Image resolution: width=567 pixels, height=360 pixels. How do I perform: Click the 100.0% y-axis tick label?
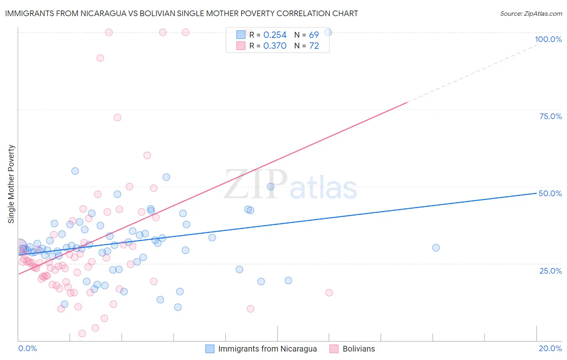pos(548,39)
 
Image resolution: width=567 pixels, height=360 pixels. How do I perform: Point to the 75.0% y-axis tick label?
pos(550,116)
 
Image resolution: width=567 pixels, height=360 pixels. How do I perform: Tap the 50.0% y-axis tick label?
pos(550,193)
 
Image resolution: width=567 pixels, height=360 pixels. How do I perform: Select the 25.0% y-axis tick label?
pos(550,271)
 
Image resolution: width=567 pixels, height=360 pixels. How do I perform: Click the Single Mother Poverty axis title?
pos(11,184)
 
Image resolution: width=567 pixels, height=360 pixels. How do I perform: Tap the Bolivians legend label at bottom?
pos(359,349)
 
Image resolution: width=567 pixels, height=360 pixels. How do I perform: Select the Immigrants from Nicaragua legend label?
pos(267,349)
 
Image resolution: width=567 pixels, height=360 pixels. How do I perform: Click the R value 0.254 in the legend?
pos(275,35)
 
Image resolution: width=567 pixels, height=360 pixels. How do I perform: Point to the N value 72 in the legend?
pos(314,46)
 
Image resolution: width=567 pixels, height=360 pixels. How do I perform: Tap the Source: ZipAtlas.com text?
pos(531,14)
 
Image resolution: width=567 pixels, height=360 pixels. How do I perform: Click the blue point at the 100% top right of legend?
pos(328,32)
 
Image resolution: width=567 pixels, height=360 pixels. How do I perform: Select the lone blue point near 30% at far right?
pos(436,248)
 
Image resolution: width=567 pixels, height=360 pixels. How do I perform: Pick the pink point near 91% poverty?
pos(100,58)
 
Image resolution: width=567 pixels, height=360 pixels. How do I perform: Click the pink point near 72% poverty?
pos(117,117)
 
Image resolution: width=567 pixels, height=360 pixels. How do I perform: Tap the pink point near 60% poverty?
pos(147,155)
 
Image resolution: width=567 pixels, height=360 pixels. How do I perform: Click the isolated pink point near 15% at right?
pos(329,293)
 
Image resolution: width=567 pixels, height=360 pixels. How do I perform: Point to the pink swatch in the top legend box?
pos(241,46)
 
